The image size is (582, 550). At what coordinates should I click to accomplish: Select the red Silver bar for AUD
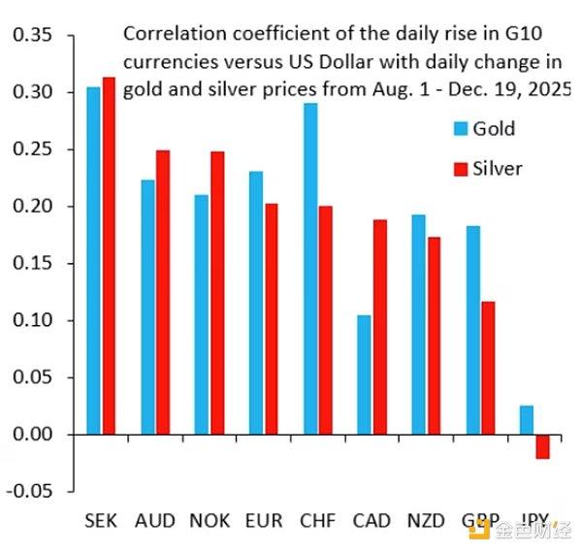(x=162, y=292)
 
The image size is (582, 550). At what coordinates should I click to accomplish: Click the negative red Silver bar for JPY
(x=541, y=446)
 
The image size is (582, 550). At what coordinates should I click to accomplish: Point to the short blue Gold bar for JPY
(x=526, y=420)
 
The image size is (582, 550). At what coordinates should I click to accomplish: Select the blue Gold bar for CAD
(x=364, y=374)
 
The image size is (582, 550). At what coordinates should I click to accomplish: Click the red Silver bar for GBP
(x=487, y=368)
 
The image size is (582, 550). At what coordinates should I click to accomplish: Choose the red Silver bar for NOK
(x=216, y=292)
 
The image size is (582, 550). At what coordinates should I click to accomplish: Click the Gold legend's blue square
(x=462, y=129)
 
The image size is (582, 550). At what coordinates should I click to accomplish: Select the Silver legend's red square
(x=462, y=169)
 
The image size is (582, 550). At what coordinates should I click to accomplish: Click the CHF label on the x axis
(x=317, y=521)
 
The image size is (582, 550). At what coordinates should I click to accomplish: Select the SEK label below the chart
(x=101, y=521)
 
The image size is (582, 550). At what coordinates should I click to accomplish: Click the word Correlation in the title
(x=169, y=33)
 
